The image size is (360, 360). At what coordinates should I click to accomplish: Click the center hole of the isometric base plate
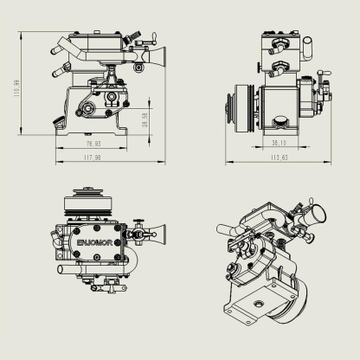(259, 304)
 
